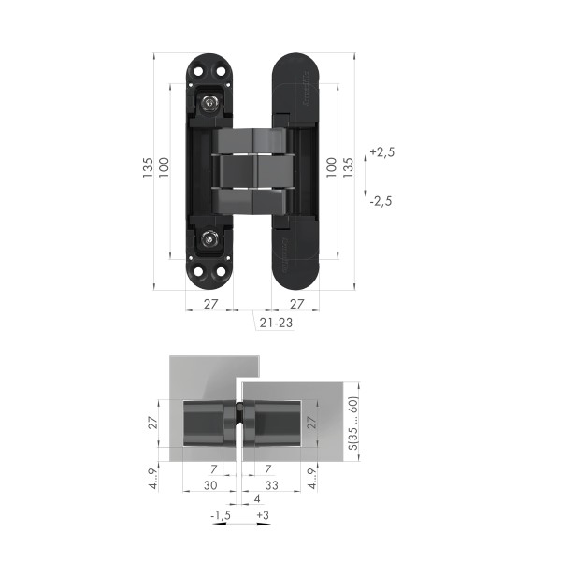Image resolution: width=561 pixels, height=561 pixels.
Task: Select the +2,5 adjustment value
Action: [x=381, y=151]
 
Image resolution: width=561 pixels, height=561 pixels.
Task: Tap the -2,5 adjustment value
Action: [x=381, y=200]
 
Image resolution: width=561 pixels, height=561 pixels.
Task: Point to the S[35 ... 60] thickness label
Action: [x=352, y=422]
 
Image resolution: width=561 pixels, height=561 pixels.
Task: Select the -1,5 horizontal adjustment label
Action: [x=220, y=515]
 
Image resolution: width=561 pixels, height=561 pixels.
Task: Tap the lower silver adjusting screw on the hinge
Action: [x=212, y=241]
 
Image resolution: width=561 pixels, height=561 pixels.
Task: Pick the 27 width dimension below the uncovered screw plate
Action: [x=210, y=304]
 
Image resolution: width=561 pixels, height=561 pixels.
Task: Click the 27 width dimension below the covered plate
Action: [x=297, y=304]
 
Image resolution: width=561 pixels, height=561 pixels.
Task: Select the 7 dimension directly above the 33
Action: [x=267, y=467]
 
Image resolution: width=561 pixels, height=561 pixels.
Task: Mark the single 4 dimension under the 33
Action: [x=258, y=499]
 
